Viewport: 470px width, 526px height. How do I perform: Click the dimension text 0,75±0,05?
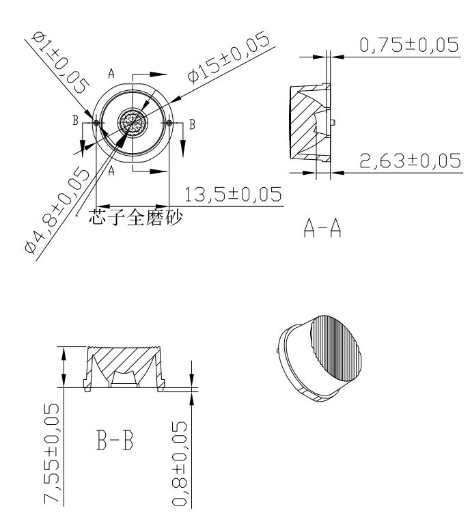[x=409, y=45]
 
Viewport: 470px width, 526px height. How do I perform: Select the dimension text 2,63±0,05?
[x=411, y=161]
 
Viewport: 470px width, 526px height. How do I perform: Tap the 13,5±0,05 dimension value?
[x=233, y=195]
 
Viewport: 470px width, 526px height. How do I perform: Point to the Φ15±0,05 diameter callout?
[x=229, y=56]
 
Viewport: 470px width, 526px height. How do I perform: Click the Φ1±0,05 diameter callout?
[x=60, y=62]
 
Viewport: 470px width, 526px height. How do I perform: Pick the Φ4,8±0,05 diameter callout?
[x=57, y=210]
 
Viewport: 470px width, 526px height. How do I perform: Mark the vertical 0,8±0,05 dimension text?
[x=180, y=463]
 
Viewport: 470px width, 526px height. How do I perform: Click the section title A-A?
[x=322, y=228]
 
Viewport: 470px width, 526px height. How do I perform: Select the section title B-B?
[x=115, y=440]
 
